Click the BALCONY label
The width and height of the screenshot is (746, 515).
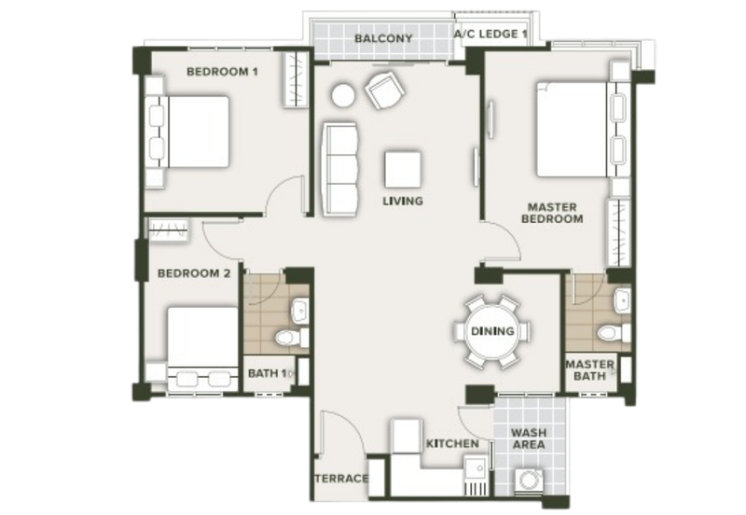383,38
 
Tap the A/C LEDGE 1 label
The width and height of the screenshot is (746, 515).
490,35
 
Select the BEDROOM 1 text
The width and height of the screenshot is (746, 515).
222,72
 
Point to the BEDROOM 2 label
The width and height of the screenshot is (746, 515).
194,273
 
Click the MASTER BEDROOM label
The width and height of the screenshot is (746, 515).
552,214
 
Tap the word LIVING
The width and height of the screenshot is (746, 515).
403,201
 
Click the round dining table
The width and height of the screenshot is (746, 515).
492,331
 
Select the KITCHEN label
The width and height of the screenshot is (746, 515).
452,443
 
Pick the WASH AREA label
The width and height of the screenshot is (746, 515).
529,438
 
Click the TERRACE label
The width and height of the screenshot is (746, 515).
341,479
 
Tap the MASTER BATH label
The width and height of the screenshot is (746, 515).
589,369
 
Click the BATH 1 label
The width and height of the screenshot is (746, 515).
268,373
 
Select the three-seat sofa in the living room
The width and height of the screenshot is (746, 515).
339,170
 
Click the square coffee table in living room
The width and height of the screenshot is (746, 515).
403,170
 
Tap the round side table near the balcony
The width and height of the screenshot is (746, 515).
342,96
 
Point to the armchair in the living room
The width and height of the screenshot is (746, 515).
385,90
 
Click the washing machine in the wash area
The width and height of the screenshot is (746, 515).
529,481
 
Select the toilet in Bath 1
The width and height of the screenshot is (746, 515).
291,338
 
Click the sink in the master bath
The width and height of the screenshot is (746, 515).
622,299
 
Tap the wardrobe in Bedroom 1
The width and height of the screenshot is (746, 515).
296,79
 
